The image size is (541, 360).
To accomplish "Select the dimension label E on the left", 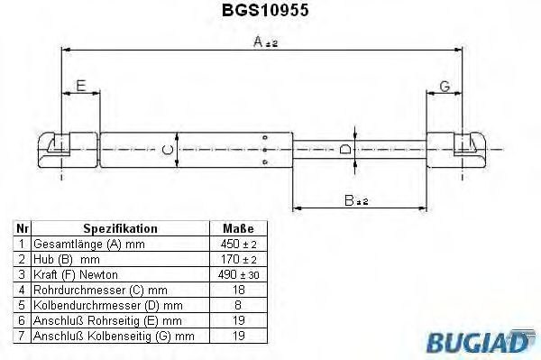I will [x=80, y=87].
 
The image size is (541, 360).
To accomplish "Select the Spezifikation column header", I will [x=120, y=229].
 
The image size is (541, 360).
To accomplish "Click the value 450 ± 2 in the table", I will [x=237, y=245].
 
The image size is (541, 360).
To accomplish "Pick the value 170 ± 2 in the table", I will [x=237, y=259].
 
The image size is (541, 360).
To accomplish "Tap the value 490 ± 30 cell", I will [x=237, y=274].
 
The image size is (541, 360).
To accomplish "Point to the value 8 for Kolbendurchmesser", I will [x=237, y=305].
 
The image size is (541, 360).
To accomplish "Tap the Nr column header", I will [x=22, y=229].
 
